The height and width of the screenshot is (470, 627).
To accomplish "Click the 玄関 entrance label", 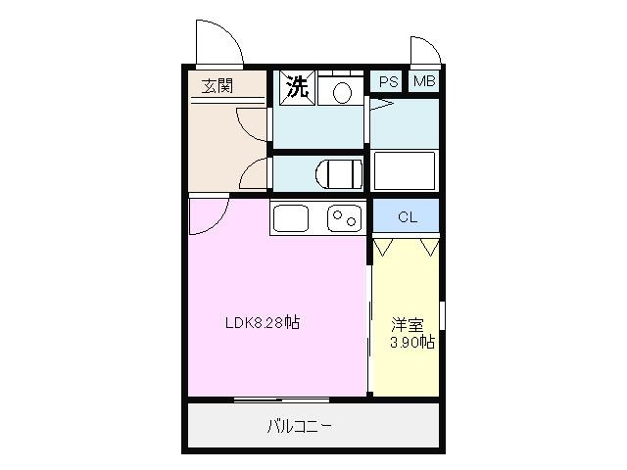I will [x=217, y=85].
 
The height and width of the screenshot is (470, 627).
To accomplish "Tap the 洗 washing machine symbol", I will [x=295, y=86].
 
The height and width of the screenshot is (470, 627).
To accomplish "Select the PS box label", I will [x=384, y=82].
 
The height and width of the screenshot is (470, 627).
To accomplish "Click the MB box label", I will [x=423, y=82].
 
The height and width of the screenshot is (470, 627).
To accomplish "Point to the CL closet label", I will [x=407, y=217].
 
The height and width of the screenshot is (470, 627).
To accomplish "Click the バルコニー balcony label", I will [x=299, y=426].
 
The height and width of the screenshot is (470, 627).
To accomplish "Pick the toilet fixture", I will [x=337, y=173].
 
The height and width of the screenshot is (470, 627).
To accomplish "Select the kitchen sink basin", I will [x=291, y=217].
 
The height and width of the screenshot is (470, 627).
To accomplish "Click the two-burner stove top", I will [x=343, y=217].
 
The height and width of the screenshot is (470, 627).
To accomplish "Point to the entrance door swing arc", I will [x=215, y=40].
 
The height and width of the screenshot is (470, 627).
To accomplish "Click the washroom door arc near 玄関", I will [x=253, y=124].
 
